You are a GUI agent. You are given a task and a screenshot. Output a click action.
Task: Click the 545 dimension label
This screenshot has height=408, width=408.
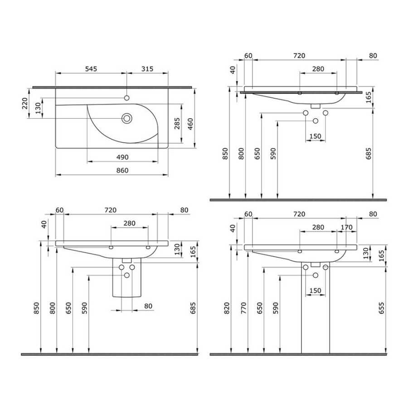91,69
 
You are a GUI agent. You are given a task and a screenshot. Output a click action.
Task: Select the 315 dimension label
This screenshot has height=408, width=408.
147,69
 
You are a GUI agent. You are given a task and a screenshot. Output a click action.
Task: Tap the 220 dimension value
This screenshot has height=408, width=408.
25,103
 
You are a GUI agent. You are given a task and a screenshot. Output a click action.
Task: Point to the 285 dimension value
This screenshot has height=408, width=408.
177,123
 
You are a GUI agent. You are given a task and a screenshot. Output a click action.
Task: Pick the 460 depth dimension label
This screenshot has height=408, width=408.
190,124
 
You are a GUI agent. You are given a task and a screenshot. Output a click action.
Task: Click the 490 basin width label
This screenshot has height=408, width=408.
122,157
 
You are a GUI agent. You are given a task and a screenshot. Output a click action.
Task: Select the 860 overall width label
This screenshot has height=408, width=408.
122,170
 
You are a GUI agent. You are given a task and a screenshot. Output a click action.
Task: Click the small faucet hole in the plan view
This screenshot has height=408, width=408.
127,98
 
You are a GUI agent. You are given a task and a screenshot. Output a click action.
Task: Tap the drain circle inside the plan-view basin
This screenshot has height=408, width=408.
127,118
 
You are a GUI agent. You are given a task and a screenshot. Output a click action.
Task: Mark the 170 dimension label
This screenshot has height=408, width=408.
347,228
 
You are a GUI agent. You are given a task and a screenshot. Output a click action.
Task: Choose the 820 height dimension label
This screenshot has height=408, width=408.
227,308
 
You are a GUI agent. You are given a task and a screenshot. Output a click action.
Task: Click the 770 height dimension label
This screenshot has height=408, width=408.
243,308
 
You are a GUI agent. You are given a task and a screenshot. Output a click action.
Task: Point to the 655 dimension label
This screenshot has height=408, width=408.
381,308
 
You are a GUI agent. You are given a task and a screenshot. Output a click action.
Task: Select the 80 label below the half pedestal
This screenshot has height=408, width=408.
148,306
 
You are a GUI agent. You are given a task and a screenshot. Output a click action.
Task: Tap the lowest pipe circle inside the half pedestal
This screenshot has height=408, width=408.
127,275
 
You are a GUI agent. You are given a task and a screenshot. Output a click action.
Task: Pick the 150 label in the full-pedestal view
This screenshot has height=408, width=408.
316,291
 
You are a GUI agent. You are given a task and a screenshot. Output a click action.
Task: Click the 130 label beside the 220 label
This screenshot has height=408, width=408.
38,108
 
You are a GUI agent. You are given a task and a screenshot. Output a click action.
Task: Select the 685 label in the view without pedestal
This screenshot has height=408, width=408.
369,154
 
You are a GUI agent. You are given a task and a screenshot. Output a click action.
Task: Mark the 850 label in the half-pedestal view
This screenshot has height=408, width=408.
36,308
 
